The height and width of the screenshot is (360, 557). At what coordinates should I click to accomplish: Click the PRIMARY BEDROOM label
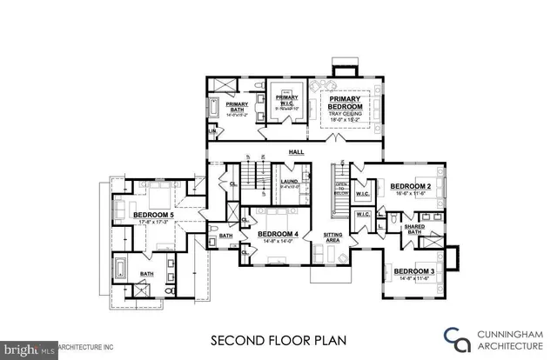pos(345,104)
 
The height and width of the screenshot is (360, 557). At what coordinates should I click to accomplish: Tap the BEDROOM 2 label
pos(412,187)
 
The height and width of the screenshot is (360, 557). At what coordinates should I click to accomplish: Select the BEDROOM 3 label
pos(414,271)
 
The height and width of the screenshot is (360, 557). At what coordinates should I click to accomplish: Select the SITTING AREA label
pos(332,236)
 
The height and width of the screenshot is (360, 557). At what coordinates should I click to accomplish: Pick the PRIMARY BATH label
pos(238,107)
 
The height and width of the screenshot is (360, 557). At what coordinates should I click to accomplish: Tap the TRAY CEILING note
pos(345,114)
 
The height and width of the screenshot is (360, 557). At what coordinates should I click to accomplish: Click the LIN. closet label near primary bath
pos(211,130)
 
